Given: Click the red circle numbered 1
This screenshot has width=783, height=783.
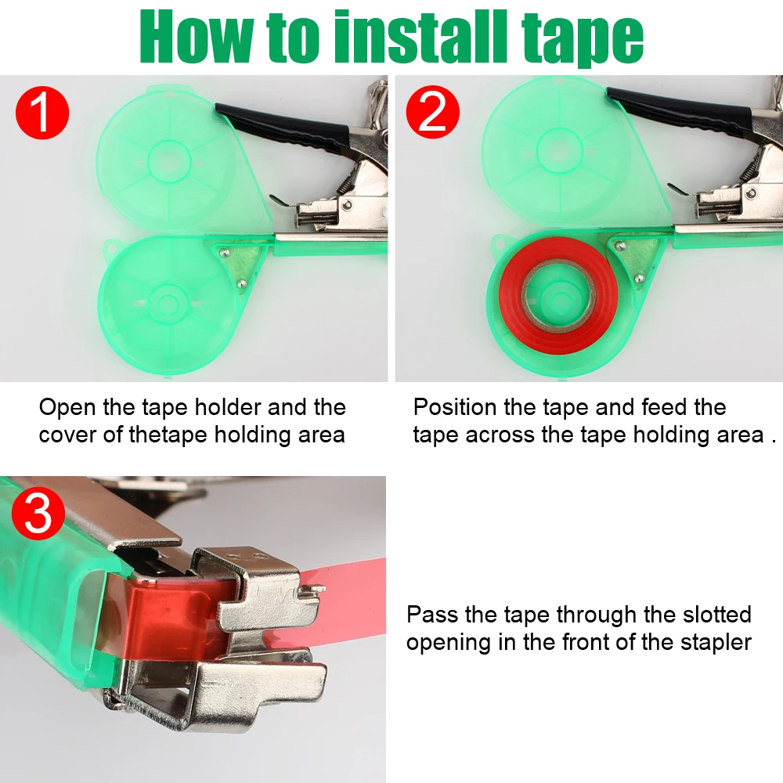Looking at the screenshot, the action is (x=42, y=112).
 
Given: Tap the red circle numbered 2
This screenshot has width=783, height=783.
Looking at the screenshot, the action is (x=432, y=112).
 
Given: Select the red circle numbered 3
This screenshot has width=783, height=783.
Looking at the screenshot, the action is (x=38, y=514).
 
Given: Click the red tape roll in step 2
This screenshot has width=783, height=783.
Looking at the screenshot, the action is (x=558, y=296).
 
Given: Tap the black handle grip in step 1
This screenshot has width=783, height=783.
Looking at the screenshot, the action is (x=282, y=128).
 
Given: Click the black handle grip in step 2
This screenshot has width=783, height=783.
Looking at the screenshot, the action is (x=678, y=108).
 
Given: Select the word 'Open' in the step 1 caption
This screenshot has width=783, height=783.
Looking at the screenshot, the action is (x=67, y=408).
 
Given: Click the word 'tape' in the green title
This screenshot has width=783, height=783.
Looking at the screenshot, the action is (x=583, y=40).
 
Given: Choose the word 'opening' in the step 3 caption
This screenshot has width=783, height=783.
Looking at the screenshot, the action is (x=448, y=643).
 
